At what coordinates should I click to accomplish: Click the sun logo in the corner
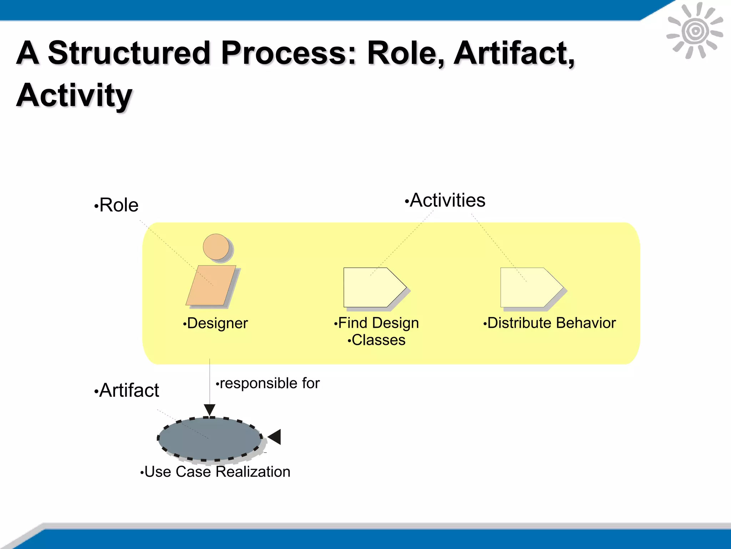click(x=695, y=31)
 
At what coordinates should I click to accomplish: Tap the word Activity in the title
click(x=74, y=95)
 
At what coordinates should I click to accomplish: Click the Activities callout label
click(x=447, y=200)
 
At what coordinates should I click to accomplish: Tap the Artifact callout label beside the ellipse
click(x=128, y=390)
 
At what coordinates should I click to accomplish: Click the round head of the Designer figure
click(x=216, y=247)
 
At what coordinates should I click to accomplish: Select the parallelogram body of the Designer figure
click(x=211, y=285)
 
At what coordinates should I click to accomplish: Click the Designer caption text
click(x=217, y=323)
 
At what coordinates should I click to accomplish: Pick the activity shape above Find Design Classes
click(x=373, y=287)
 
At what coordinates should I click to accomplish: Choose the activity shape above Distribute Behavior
click(x=530, y=287)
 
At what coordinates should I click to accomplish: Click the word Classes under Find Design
click(x=378, y=340)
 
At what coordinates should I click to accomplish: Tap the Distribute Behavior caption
click(x=551, y=323)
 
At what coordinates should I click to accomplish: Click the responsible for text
click(x=269, y=383)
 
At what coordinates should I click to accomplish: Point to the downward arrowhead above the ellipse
click(x=210, y=409)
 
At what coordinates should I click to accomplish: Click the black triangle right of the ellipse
click(x=275, y=437)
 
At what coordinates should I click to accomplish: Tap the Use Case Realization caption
click(x=217, y=472)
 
